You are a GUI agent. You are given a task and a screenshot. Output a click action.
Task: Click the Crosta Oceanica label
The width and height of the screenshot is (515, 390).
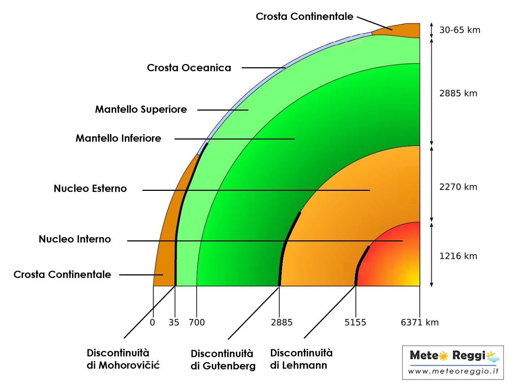189,68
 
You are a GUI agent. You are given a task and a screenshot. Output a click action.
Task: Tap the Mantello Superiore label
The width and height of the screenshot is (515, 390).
141,110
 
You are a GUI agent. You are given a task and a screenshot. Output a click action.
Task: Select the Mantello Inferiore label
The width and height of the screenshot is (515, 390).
118,138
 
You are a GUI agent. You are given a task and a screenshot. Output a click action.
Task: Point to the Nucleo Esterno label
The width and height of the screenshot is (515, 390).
90,189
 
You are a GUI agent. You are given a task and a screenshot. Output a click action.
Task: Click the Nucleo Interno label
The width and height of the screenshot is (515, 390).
75,239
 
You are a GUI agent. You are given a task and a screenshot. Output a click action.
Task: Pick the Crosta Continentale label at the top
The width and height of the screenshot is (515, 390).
304,17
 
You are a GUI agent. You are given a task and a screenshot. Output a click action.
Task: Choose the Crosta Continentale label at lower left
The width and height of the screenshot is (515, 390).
62,275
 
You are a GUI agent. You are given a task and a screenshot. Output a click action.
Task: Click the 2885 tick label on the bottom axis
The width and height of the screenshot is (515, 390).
281,322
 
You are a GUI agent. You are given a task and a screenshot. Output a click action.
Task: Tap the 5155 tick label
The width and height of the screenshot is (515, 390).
355,322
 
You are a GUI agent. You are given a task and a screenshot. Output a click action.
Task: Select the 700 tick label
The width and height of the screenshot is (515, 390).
197,322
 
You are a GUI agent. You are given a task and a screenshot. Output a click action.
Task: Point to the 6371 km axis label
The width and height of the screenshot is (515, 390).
420,322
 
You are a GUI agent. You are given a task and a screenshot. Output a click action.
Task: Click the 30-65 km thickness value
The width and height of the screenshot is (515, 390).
460,30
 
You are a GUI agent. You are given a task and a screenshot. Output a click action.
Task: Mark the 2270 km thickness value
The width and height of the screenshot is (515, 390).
458,187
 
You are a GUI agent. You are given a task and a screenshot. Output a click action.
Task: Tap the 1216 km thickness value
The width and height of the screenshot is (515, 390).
458,256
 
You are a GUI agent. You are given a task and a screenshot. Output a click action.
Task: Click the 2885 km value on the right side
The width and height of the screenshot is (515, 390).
458,94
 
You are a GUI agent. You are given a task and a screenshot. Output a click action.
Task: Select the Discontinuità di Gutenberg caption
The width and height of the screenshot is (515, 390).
223,360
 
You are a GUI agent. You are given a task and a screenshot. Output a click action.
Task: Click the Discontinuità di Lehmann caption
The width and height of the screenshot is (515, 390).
301,359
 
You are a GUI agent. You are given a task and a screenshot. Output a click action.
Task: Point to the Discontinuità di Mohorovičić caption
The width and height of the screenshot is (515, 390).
123,359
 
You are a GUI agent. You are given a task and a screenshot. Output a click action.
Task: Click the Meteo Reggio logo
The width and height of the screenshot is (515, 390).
453,362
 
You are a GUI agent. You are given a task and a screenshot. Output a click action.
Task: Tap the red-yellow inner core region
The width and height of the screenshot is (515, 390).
394,260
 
